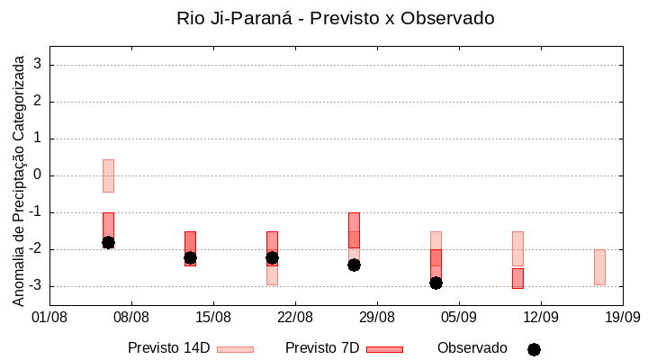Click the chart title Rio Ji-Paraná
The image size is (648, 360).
336,18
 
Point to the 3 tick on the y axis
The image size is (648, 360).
39,65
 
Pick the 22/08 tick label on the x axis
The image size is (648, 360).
295,317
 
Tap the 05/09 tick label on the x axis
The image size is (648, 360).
458,317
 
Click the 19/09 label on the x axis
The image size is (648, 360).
622,317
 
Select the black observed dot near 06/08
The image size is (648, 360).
108,242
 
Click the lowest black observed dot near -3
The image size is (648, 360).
436,283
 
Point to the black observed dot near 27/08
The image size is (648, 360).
354,265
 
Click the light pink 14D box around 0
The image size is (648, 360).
108,175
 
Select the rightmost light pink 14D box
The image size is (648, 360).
599,267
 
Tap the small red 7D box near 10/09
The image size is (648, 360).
517,278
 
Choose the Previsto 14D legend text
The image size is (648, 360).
168,347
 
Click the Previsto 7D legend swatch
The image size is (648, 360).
384,348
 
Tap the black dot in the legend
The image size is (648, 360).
534,349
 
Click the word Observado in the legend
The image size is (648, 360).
472,347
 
